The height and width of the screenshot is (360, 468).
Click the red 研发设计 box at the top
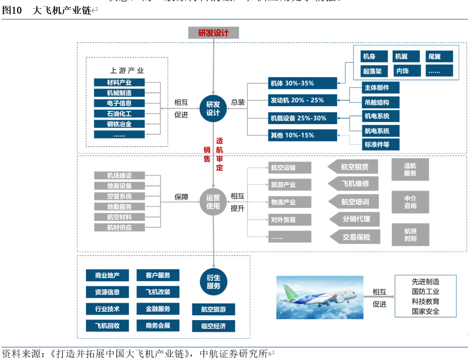pyautogui.click(x=213, y=33)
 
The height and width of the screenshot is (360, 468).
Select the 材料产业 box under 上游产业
pyautogui.click(x=119, y=83)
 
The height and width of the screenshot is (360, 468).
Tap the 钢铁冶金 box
pyautogui.click(x=119, y=124)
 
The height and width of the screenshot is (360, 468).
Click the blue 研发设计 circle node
pyautogui.click(x=213, y=108)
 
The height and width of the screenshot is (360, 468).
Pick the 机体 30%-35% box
pyautogui.click(x=302, y=83)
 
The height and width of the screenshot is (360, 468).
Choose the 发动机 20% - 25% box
pyautogui.click(x=302, y=100)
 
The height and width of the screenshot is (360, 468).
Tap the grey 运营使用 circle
pyautogui.click(x=213, y=202)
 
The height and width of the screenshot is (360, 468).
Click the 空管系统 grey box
pyautogui.click(x=119, y=196)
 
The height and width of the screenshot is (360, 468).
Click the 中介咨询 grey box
pyautogui.click(x=410, y=202)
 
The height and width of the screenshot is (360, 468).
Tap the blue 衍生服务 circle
pyautogui.click(x=213, y=282)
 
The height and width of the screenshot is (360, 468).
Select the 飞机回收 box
pyautogui.click(x=103, y=325)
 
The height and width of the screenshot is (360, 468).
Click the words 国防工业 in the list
pyautogui.click(x=425, y=291)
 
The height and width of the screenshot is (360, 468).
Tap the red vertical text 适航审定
pyautogui.click(x=220, y=154)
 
